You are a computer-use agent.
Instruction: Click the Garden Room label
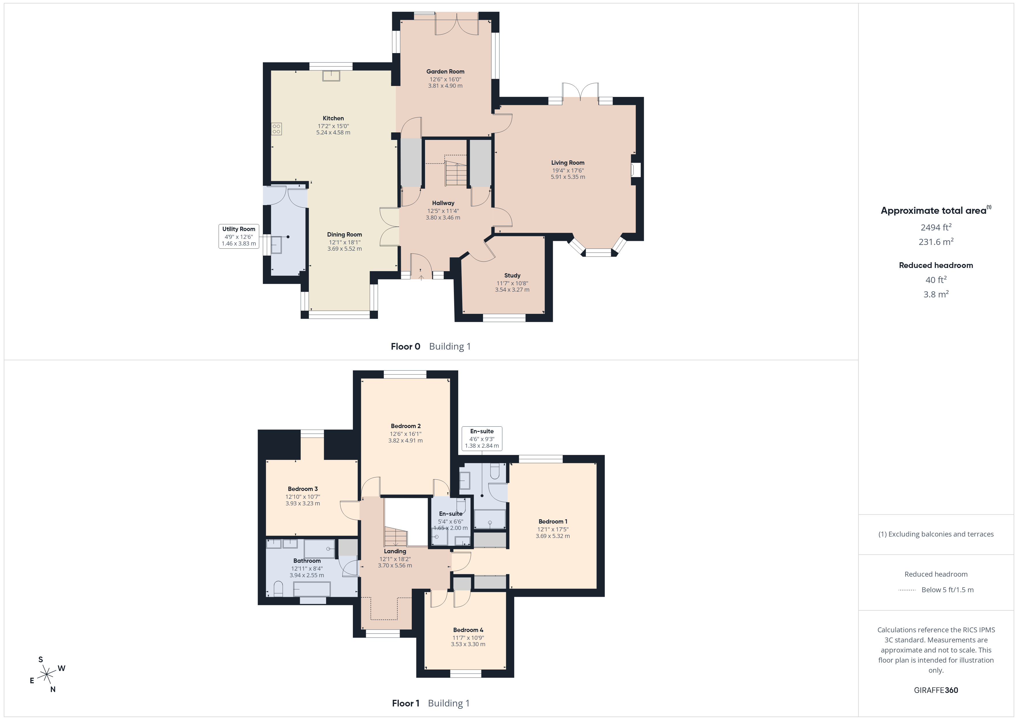coord(445,71)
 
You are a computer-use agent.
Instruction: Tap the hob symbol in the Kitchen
coord(276,129)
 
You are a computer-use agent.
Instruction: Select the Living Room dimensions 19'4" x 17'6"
coord(568,170)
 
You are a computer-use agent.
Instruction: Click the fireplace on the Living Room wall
coord(636,170)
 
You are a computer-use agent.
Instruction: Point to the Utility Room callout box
coord(239,236)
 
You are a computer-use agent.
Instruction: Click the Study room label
coord(512,275)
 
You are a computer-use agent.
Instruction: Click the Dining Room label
coord(345,235)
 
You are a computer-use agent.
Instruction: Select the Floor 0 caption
coord(405,346)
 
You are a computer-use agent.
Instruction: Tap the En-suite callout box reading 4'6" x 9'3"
coord(482,438)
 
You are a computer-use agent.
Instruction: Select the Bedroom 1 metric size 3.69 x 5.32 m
coord(553,536)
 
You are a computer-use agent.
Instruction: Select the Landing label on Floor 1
coord(395,551)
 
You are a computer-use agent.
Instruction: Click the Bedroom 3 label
coord(303,489)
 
